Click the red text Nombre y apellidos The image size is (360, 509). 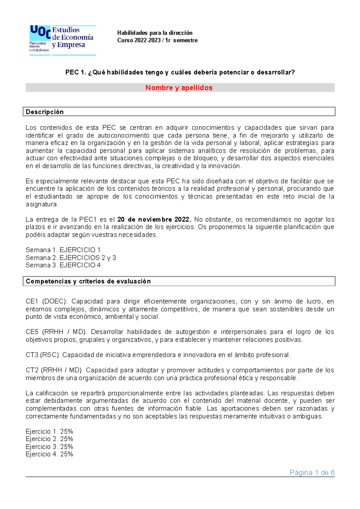179,88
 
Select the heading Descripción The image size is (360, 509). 45,112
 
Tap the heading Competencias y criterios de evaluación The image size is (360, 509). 88,281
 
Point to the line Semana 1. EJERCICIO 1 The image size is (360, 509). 63,250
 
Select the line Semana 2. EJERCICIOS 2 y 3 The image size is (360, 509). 71,258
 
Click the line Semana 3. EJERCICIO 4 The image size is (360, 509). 63,265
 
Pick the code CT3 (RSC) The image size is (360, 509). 43,355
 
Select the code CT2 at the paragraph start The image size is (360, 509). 32,371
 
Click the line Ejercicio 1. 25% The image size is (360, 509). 49,432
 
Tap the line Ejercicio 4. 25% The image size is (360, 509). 49,454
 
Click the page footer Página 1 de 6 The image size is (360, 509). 312,473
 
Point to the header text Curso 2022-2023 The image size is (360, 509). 139,40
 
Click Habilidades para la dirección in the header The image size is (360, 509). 155,33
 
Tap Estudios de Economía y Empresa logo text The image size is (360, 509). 73,37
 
